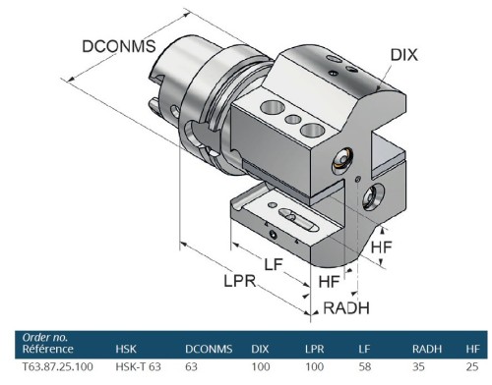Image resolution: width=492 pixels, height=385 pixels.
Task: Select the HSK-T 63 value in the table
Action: click(x=137, y=366)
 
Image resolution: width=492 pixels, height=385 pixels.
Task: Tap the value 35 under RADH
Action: click(x=418, y=366)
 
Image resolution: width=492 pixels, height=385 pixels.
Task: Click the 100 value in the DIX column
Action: click(x=260, y=366)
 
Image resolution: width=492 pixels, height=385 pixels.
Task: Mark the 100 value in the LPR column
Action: click(x=314, y=366)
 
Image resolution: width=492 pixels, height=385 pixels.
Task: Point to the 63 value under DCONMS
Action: click(x=193, y=366)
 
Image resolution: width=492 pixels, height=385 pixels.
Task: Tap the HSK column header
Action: click(x=126, y=348)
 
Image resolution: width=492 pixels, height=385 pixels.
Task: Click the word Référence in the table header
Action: click(x=46, y=348)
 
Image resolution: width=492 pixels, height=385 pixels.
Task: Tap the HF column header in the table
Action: click(x=471, y=348)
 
